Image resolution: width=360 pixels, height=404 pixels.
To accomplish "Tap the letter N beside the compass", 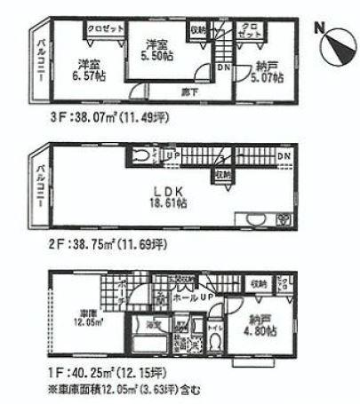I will tap(320, 29).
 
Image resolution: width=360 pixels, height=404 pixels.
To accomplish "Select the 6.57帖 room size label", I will tap(86, 77).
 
